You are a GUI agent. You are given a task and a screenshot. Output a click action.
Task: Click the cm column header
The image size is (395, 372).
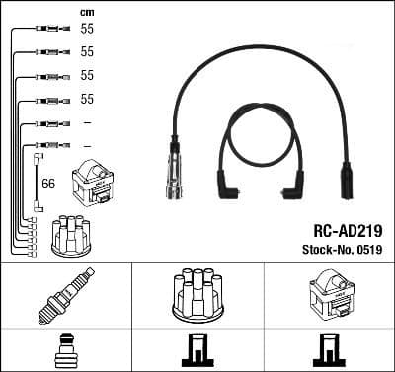pos(86,12)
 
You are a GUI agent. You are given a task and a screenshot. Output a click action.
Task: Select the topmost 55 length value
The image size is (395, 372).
pos(86,29)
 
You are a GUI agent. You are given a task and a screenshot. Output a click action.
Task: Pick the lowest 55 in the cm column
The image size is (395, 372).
pos(86,99)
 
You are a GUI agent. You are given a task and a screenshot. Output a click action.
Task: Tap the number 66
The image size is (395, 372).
pos(48,184)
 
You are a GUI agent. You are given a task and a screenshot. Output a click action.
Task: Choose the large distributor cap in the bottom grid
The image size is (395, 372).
pos(197,296)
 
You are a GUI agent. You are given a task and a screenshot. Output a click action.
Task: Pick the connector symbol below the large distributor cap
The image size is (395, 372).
pos(197,350)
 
